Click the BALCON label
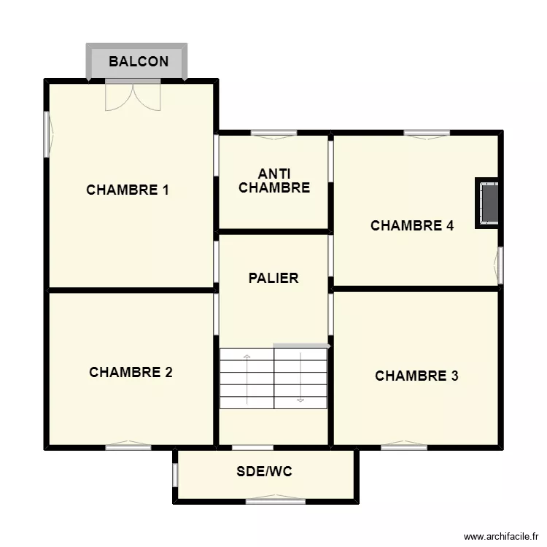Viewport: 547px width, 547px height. tap(138, 62)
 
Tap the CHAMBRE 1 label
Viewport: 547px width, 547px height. tap(128, 190)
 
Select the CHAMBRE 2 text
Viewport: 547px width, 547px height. tap(131, 372)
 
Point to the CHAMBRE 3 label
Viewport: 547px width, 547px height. tap(416, 376)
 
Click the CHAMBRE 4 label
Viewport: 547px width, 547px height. tap(412, 226)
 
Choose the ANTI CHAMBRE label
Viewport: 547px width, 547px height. tap(274, 181)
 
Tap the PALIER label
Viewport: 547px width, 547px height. tap(273, 278)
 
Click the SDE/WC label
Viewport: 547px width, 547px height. tap(264, 472)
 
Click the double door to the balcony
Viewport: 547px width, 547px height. tap(132, 96)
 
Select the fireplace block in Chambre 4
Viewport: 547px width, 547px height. tap(489, 203)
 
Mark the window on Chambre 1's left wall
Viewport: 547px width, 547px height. tap(47, 133)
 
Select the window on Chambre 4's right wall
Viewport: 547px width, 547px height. tap(500, 265)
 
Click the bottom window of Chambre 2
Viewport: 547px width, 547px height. tap(128, 446)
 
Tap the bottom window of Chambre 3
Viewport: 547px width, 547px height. tap(403, 446)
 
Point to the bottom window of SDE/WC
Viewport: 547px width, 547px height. tap(275, 500)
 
